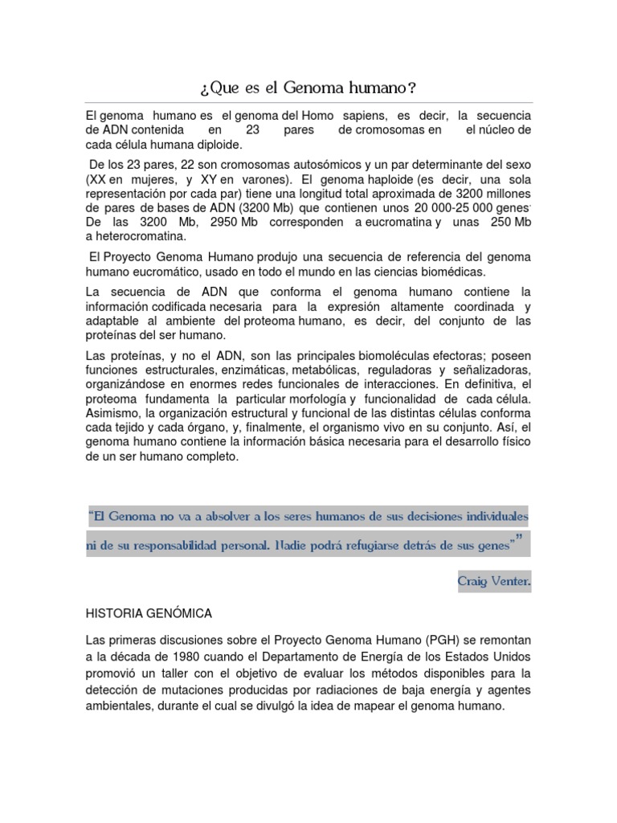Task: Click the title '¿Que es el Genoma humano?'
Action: click(x=308, y=86)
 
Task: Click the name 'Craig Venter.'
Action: click(x=495, y=578)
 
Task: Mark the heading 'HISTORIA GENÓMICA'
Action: click(x=149, y=613)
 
